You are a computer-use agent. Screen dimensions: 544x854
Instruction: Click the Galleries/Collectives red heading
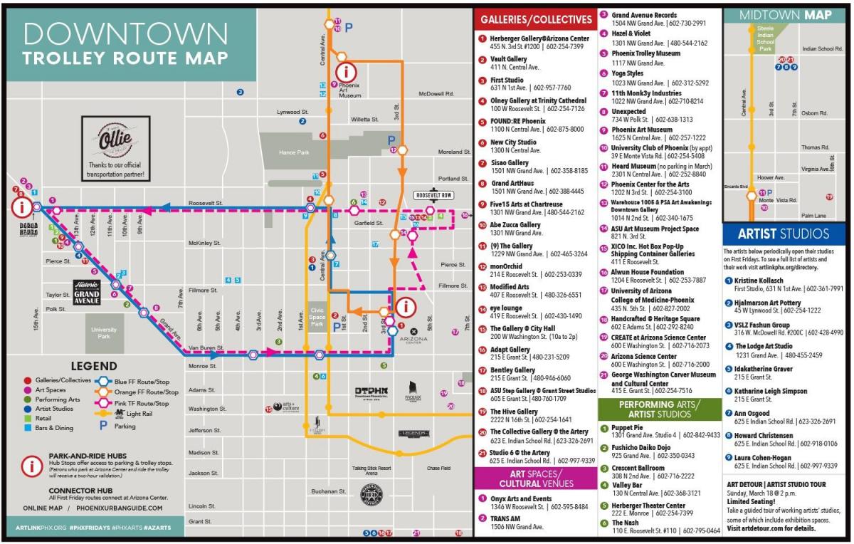pos(535,19)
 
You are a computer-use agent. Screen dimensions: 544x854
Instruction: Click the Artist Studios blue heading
pos(783,234)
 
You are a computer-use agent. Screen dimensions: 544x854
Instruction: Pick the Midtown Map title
pos(784,15)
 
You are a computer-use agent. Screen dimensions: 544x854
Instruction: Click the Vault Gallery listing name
pos(508,59)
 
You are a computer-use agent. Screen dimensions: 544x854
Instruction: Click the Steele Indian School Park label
pos(764,40)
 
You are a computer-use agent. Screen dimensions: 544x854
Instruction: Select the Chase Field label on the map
pos(438,468)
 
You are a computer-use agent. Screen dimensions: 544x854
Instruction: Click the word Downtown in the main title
pos(125,33)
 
